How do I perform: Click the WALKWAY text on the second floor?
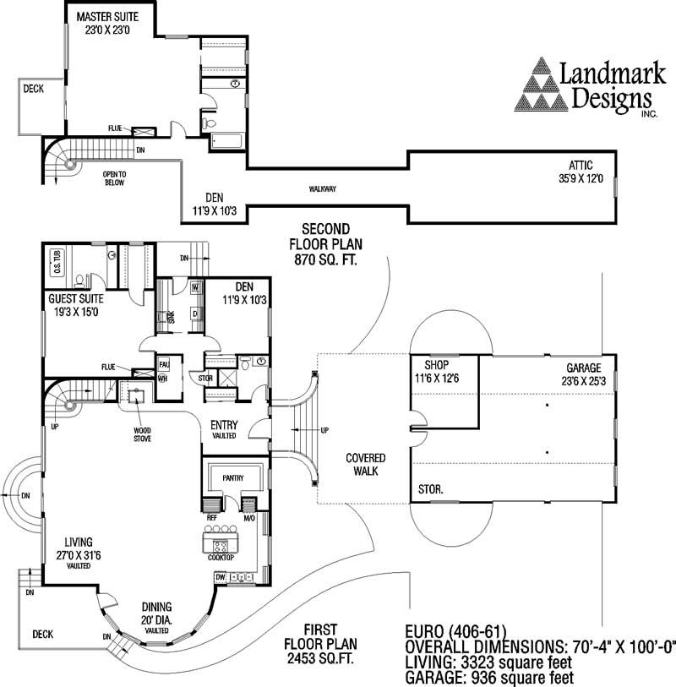click(323, 188)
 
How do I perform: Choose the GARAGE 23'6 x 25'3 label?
click(583, 374)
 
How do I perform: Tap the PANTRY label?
click(233, 478)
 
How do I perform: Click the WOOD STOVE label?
click(142, 433)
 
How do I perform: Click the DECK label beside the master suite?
click(33, 87)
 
